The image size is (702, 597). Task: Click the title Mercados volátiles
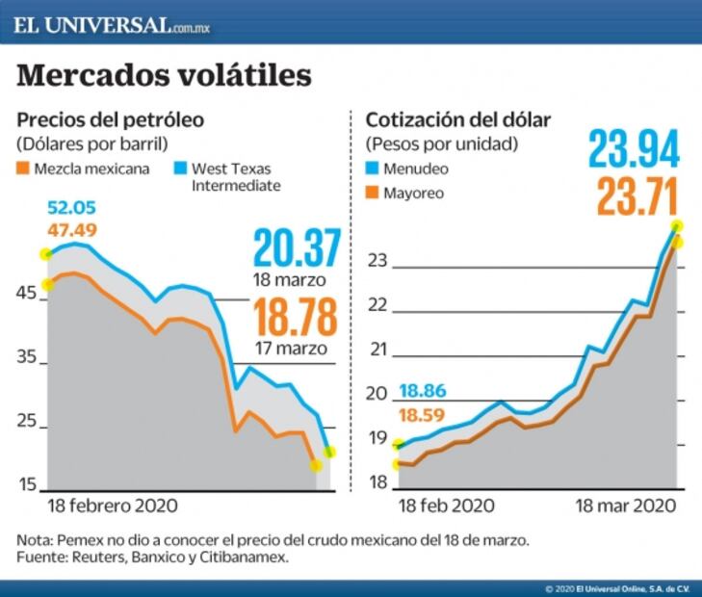coord(165,75)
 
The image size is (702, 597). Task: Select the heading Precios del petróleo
coord(110,121)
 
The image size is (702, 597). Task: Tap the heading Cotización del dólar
coord(458,121)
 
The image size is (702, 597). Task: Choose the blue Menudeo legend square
coord(372,169)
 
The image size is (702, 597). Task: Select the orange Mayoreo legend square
coord(372,193)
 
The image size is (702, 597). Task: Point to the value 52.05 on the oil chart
coord(72,209)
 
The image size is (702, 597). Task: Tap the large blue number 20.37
coord(298,248)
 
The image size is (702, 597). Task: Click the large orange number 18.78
coord(298,318)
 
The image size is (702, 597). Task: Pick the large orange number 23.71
coord(637,197)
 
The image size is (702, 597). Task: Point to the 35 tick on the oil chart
coord(27,358)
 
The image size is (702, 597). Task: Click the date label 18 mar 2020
coord(623,505)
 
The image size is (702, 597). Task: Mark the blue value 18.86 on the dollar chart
coord(422,392)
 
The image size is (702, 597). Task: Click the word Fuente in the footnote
coord(41,557)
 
